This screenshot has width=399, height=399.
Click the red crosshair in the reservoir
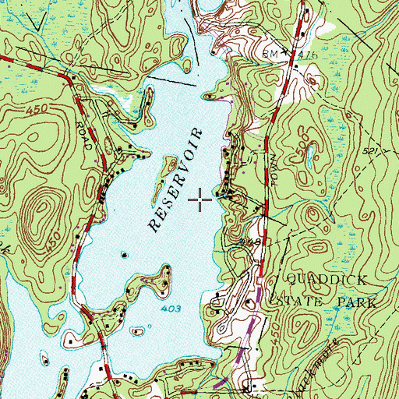[x=201, y=199]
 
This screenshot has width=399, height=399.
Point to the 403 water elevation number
[x=171, y=309]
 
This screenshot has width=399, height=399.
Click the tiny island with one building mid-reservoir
[x=125, y=254]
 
